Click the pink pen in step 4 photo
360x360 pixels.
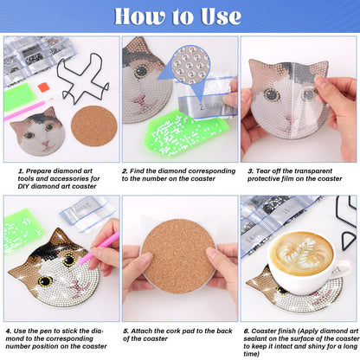(105, 247)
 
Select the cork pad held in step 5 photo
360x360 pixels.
(179, 254)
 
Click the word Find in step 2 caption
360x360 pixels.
(141, 170)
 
